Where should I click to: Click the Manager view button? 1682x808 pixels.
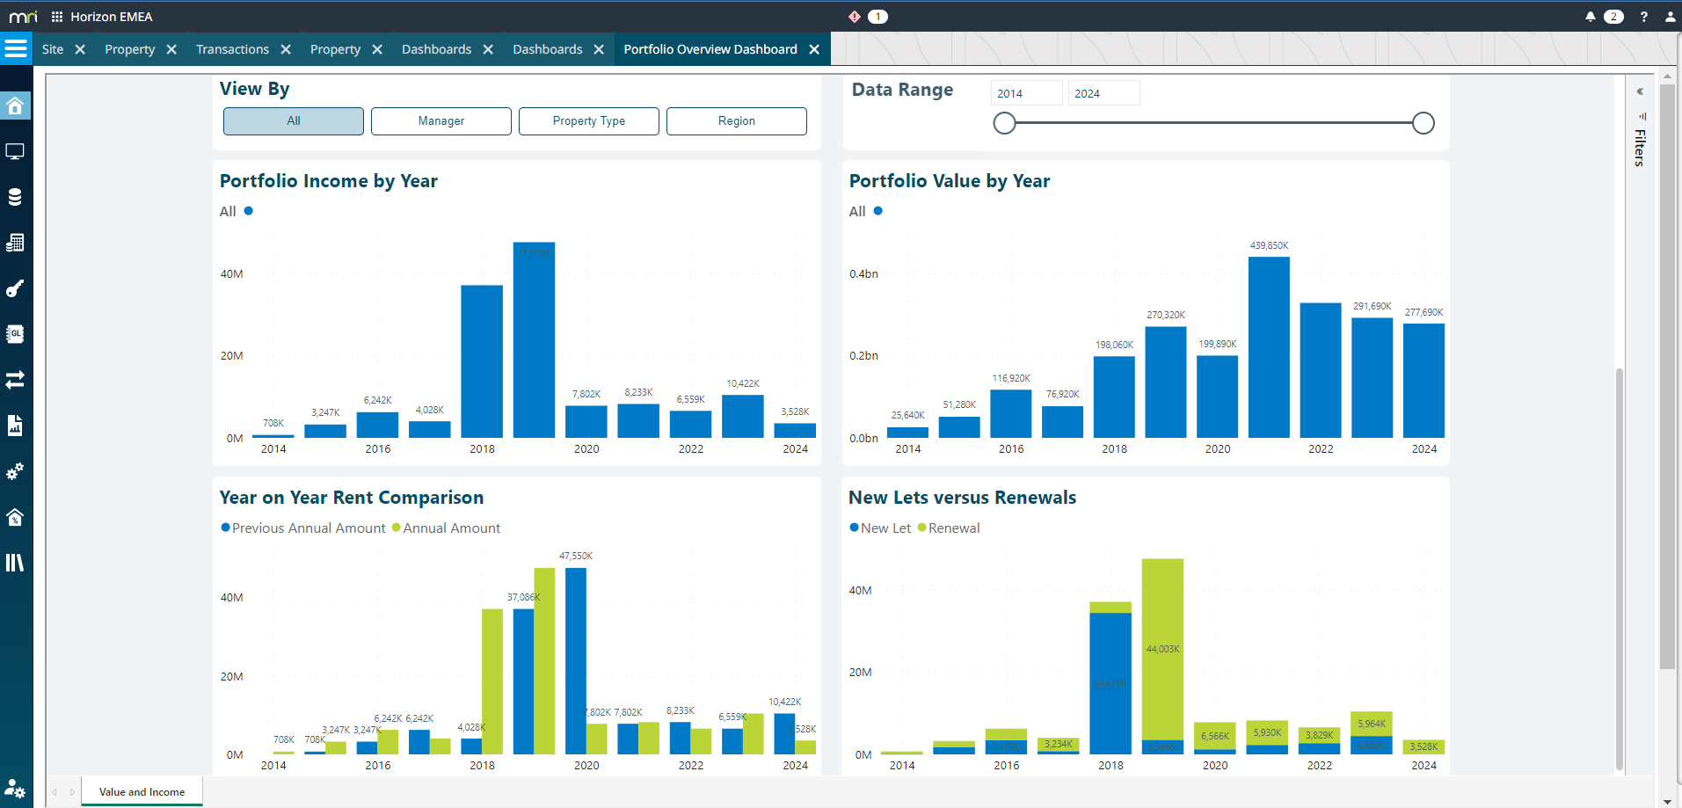(x=441, y=121)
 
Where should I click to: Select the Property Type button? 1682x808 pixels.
(x=588, y=121)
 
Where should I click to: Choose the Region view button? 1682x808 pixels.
(x=736, y=121)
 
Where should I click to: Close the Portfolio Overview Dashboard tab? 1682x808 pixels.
(x=814, y=49)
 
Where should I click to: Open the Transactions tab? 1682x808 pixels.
(x=232, y=49)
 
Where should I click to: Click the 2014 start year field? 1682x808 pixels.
(x=1025, y=93)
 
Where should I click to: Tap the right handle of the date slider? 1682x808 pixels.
(x=1423, y=123)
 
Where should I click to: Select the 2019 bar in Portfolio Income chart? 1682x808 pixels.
(x=534, y=339)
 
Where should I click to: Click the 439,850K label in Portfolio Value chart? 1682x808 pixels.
(x=1269, y=245)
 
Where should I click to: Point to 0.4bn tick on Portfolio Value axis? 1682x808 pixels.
(x=863, y=273)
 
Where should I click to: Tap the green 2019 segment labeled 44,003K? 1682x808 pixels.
(x=1162, y=649)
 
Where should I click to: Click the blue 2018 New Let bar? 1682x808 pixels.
(x=1110, y=682)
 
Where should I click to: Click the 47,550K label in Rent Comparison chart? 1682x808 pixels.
(x=576, y=556)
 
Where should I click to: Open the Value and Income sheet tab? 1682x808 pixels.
(x=142, y=791)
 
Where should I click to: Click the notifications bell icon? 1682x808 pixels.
(x=1590, y=17)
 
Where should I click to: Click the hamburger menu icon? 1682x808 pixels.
(x=16, y=48)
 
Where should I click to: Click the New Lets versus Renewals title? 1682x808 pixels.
(x=962, y=498)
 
